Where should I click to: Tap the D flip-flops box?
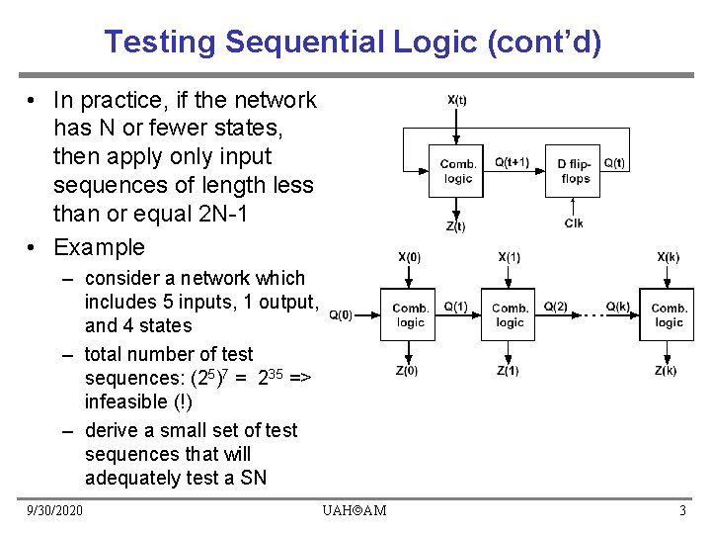(x=575, y=171)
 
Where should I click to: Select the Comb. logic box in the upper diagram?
(x=457, y=171)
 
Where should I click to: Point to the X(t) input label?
(x=457, y=99)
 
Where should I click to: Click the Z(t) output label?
(x=456, y=226)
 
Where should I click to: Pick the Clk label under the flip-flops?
(x=574, y=223)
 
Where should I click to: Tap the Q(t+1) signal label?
(x=512, y=163)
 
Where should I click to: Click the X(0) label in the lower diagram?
(x=409, y=257)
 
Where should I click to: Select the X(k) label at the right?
(x=668, y=257)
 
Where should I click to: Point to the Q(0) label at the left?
(x=341, y=315)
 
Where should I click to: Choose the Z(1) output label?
(x=508, y=371)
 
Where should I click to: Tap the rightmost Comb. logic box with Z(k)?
(x=668, y=314)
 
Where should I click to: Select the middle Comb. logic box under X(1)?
(x=509, y=314)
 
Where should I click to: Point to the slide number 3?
(x=682, y=510)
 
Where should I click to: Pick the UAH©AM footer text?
(x=355, y=510)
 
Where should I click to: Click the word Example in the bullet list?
(x=99, y=247)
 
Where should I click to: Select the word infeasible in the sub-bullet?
(x=124, y=401)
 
